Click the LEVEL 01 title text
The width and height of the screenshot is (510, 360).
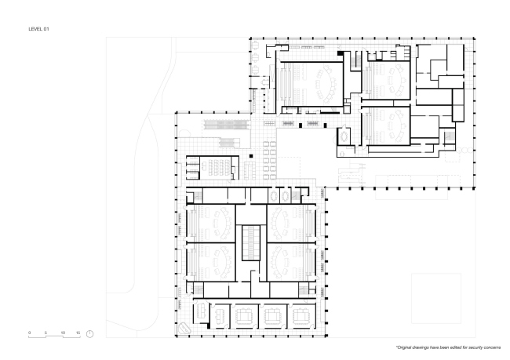click(38, 29)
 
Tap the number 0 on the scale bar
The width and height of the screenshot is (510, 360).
click(30, 333)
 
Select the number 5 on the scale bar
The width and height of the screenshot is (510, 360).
click(46, 333)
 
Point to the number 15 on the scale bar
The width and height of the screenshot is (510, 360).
click(78, 333)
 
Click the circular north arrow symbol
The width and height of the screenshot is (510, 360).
click(89, 334)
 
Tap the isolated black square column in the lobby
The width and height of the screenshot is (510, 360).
click(251, 156)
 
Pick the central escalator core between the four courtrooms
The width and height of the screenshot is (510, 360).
click(251, 242)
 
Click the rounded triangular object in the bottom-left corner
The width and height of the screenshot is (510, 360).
click(184, 328)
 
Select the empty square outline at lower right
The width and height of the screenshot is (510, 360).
click(436, 299)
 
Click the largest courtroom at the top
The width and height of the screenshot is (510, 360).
click(311, 84)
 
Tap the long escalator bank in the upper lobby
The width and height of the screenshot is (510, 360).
click(224, 124)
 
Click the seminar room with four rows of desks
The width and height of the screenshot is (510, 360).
click(219, 167)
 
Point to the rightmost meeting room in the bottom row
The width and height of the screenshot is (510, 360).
click(301, 316)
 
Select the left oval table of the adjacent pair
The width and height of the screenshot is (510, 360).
click(273, 196)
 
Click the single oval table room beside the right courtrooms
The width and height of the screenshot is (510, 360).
click(344, 136)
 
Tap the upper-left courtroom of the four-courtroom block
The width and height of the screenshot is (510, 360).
click(211, 223)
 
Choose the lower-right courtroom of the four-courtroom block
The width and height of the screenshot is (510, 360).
click(291, 262)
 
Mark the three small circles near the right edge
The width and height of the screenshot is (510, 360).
click(465, 150)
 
